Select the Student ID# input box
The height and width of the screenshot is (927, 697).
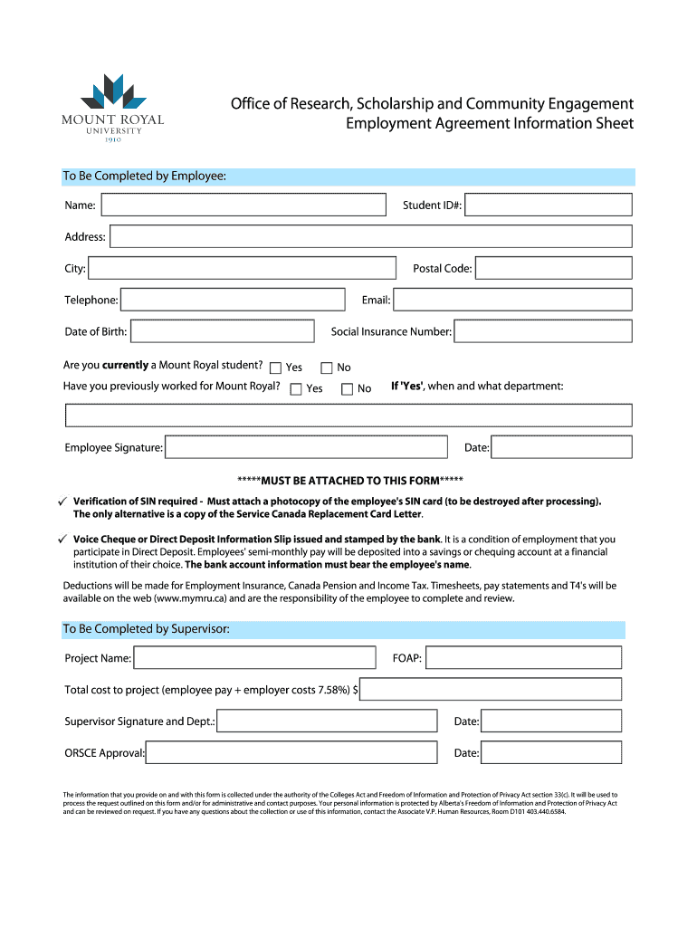tap(548, 205)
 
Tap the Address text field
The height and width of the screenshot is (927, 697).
tap(370, 237)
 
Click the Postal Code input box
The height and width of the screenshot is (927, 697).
tap(553, 268)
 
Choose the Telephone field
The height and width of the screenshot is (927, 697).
tap(233, 300)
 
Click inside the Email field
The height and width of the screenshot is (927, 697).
tap(512, 300)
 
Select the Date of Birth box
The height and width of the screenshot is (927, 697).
tap(223, 331)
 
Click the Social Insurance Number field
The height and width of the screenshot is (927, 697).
tap(542, 331)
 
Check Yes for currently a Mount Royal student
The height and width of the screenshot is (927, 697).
tap(276, 368)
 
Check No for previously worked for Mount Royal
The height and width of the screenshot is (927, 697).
tap(347, 389)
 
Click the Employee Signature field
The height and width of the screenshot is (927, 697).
tap(306, 447)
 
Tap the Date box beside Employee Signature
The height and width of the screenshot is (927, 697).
tap(561, 447)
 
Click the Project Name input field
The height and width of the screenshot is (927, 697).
tap(254, 658)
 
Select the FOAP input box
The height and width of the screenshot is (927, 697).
tap(523, 658)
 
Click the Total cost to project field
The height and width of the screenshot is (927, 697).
tap(491, 690)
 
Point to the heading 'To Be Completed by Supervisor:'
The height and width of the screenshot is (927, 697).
tap(146, 629)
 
